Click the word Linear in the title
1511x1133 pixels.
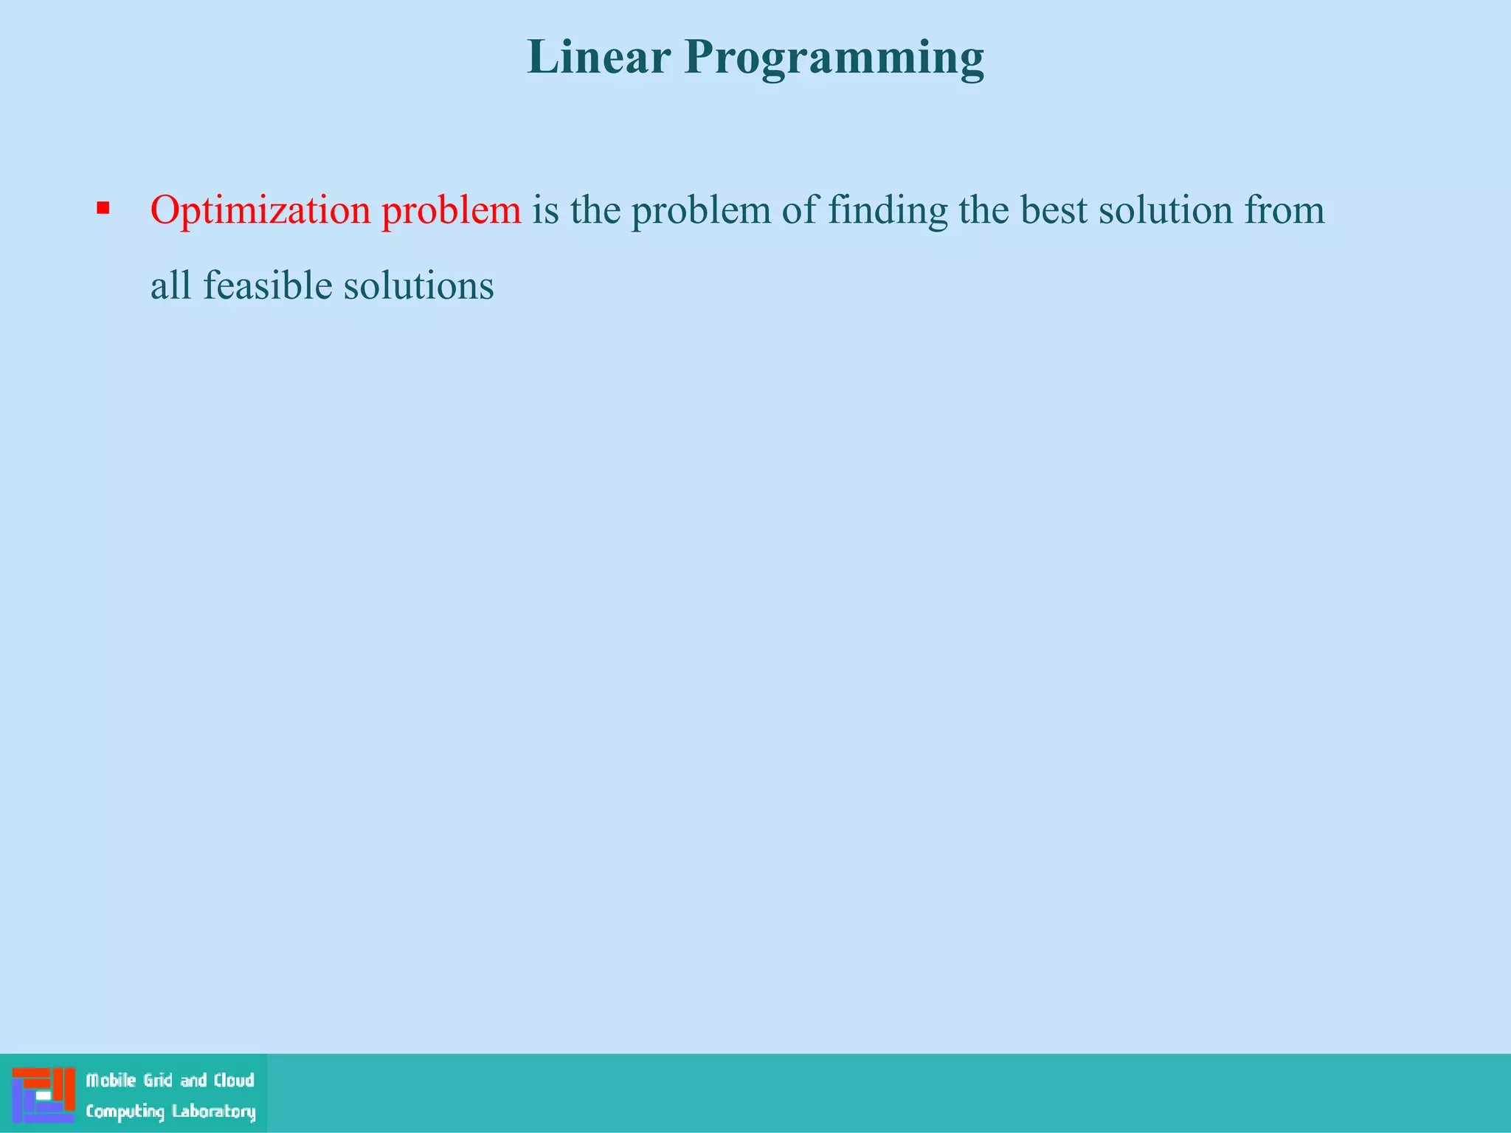(x=598, y=58)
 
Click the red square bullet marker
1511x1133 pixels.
(x=103, y=208)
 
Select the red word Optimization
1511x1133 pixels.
(x=260, y=211)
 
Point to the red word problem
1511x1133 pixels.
(x=452, y=210)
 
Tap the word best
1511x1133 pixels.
(x=1054, y=210)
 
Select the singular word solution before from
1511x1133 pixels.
(x=1166, y=210)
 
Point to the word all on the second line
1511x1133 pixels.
(x=170, y=285)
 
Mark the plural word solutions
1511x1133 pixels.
(x=418, y=285)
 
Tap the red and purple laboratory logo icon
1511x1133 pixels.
(x=44, y=1095)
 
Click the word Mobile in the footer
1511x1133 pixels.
(x=111, y=1081)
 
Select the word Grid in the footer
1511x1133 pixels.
(x=159, y=1081)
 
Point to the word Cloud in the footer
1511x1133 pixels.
(x=234, y=1081)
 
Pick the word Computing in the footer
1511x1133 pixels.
(x=125, y=1112)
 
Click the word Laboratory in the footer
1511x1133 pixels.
(x=214, y=1112)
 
